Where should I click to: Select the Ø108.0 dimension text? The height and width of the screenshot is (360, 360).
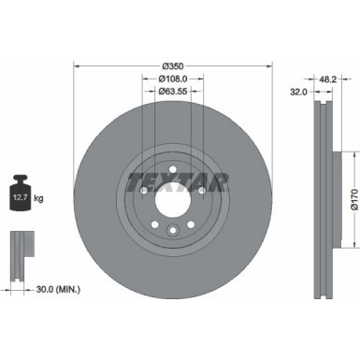(170, 79)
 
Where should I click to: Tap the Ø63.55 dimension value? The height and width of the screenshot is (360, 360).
(170, 94)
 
